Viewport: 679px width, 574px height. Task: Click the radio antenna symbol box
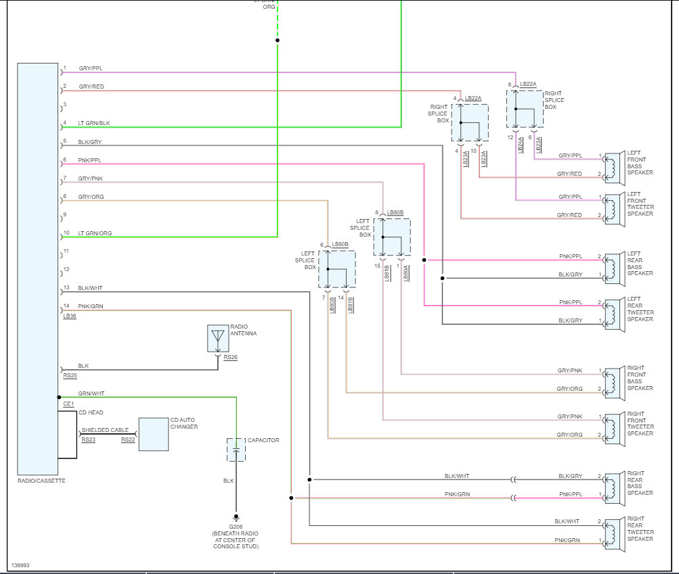pyautogui.click(x=217, y=338)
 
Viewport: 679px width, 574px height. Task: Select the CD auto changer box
pyautogui.click(x=154, y=434)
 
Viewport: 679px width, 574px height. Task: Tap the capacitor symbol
pyautogui.click(x=236, y=450)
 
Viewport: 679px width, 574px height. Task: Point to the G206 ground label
pyautogui.click(x=236, y=525)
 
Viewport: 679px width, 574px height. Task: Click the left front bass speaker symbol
pyautogui.click(x=614, y=168)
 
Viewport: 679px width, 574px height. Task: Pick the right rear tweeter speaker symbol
pyautogui.click(x=614, y=532)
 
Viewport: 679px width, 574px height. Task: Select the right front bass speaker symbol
pyautogui.click(x=614, y=383)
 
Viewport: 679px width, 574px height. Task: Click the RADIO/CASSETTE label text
pyautogui.click(x=41, y=481)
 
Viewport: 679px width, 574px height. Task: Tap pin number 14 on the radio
pyautogui.click(x=66, y=306)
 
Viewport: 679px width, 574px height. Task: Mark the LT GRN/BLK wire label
pyautogui.click(x=93, y=123)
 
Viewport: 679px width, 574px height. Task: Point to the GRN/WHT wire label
pyautogui.click(x=91, y=393)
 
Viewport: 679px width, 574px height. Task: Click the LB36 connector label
pyautogui.click(x=69, y=316)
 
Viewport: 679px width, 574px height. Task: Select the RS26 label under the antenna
pyautogui.click(x=231, y=357)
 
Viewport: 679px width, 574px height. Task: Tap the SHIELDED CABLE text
pyautogui.click(x=104, y=430)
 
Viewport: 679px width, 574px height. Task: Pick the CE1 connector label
pyautogui.click(x=68, y=404)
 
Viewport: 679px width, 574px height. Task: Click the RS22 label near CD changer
pyautogui.click(x=128, y=440)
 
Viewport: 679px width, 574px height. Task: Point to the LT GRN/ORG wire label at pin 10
pyautogui.click(x=95, y=233)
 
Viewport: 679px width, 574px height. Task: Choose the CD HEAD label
pyautogui.click(x=91, y=412)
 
